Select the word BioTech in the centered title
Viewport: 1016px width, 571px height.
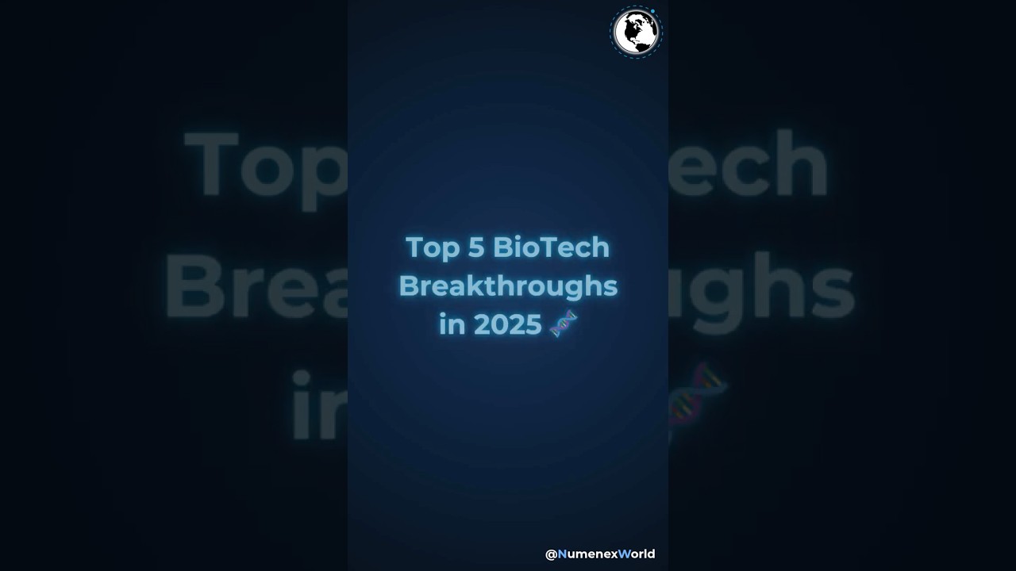coord(551,247)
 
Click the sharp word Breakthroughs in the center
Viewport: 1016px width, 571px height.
coord(508,285)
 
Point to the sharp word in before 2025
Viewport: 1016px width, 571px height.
coord(452,324)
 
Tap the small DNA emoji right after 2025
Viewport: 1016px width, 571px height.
coord(564,324)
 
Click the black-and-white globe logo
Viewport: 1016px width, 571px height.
coord(636,33)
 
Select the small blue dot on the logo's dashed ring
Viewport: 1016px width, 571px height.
coord(652,11)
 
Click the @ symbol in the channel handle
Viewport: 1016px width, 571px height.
coord(551,554)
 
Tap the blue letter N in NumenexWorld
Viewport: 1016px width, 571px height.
coord(562,554)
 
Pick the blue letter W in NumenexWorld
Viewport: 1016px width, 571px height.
coord(624,554)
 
